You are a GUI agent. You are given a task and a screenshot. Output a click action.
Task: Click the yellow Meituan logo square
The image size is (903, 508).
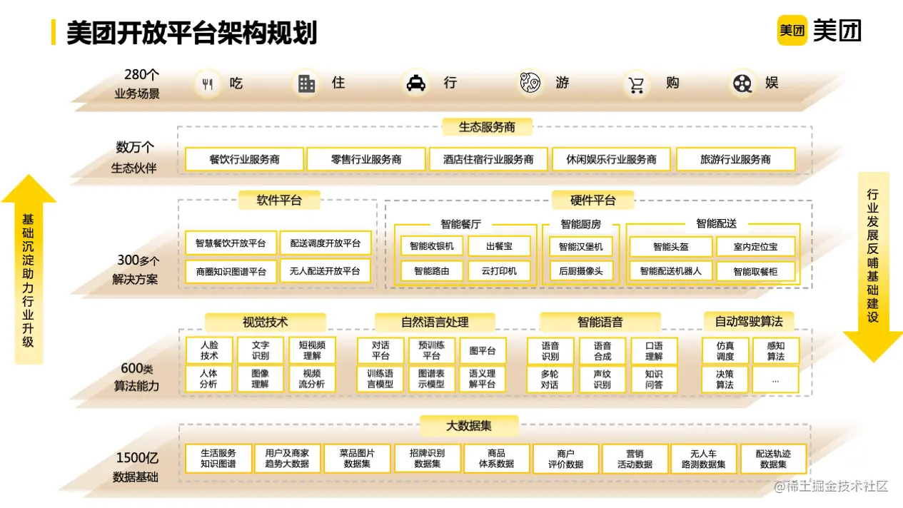point(792,30)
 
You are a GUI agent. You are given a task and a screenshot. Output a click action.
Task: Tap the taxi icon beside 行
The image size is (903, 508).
point(415,83)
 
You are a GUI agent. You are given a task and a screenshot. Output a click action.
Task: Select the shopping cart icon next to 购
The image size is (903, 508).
point(635,84)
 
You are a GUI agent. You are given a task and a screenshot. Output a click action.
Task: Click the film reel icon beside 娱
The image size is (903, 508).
point(742,83)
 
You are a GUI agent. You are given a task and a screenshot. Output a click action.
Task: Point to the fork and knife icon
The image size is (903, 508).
point(208,84)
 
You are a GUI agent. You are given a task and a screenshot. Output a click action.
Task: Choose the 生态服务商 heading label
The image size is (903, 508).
point(487,127)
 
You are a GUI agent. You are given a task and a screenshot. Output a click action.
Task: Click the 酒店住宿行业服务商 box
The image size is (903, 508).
point(488,159)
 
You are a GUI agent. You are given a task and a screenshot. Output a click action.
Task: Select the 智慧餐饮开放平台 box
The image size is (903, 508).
point(231,243)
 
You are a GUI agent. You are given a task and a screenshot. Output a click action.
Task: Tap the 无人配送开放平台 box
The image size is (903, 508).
point(326,271)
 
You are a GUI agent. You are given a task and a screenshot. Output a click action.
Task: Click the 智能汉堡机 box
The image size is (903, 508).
point(581,247)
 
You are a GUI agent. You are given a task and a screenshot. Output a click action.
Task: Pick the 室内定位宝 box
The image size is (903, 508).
point(755,247)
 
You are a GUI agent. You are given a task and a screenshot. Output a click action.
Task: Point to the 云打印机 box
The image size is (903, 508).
point(499,271)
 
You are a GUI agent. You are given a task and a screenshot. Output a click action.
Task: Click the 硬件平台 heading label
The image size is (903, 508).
point(592,200)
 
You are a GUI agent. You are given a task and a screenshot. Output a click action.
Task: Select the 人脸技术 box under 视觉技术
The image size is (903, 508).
point(209,350)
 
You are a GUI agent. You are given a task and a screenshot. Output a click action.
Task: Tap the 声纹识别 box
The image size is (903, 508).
point(602,379)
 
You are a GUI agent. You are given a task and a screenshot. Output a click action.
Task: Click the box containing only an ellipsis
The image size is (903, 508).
point(775,379)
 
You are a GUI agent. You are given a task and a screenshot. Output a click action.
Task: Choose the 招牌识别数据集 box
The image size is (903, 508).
point(427,458)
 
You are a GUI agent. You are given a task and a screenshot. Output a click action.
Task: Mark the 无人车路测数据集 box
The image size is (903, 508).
point(702,458)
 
